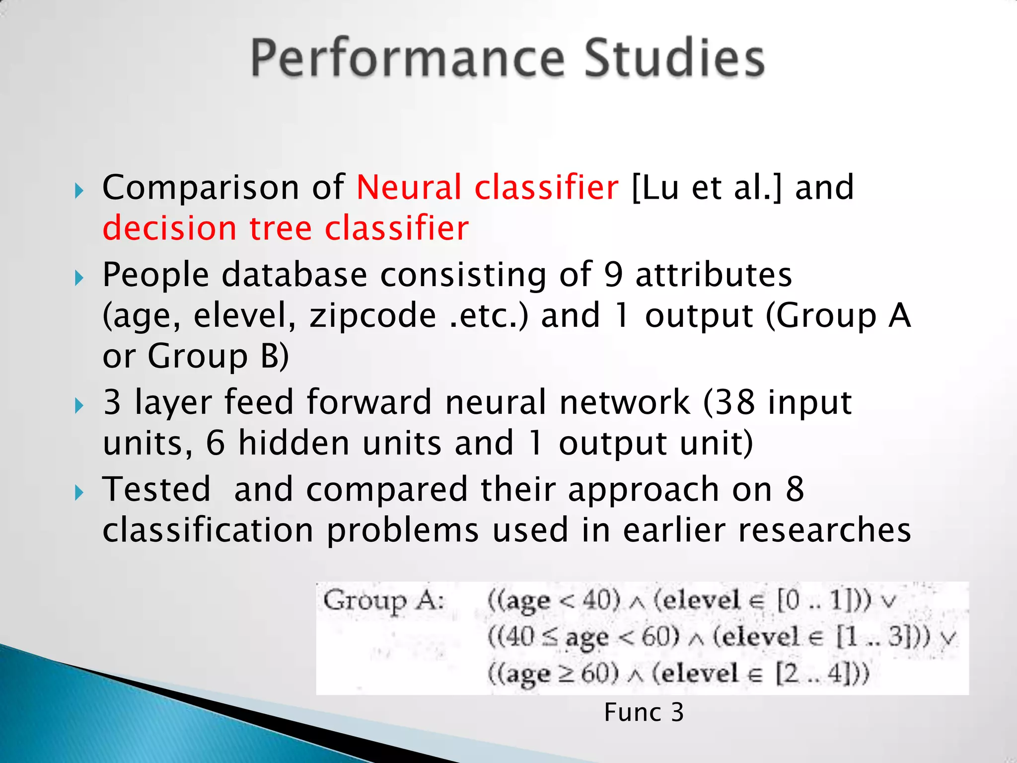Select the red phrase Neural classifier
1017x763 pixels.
coord(487,188)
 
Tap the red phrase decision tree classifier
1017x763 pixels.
coord(286,229)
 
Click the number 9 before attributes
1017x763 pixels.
coord(613,275)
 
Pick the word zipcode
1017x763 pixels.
coord(372,316)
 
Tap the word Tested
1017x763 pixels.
coord(156,489)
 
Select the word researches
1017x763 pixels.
coord(824,530)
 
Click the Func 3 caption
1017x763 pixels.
coord(644,712)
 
